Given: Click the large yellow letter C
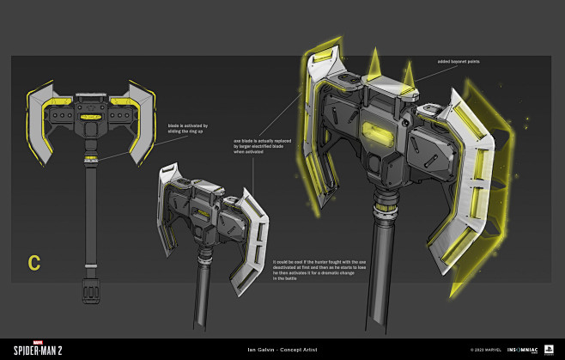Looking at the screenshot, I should pos(34,263).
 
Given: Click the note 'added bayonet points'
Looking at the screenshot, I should pos(455,63).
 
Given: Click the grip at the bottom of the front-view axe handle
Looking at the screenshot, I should pos(91,290).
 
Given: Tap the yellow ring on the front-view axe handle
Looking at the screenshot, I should pos(91,158).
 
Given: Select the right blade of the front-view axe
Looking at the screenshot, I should pos(138,120).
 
